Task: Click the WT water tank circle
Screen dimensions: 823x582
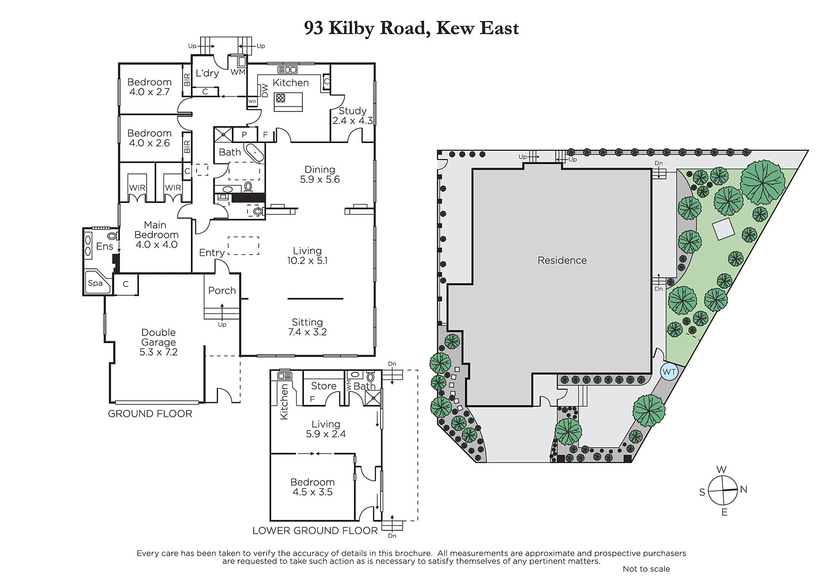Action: (669, 372)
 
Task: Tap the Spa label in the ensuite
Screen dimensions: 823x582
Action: (95, 283)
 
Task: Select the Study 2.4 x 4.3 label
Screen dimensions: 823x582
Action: (352, 115)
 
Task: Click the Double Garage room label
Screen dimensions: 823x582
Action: (158, 342)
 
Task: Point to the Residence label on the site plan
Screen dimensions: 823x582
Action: (562, 260)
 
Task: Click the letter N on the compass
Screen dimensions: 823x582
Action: (743, 489)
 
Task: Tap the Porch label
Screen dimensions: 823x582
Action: (222, 290)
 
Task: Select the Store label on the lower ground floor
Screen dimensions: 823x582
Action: (324, 385)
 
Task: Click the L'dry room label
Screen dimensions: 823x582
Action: (207, 73)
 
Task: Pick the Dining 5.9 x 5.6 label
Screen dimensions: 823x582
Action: (319, 174)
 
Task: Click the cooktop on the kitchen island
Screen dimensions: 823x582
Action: (281, 98)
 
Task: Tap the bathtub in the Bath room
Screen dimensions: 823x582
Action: (254, 153)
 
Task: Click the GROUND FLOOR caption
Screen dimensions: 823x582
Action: (150, 414)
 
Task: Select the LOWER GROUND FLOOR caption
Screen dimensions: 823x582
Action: (315, 531)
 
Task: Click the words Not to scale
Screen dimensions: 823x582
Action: (646, 569)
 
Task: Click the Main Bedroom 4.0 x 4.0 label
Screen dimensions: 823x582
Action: (156, 235)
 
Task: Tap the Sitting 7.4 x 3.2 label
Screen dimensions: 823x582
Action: (307, 327)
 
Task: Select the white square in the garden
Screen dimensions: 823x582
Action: (723, 230)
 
